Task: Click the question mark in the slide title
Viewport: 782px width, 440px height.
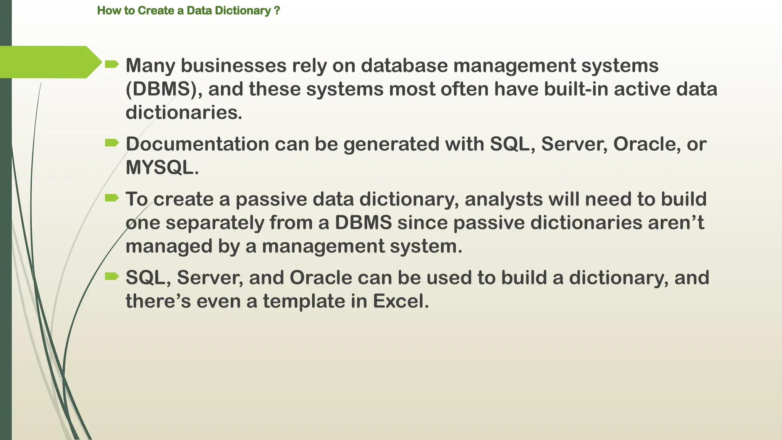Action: click(277, 11)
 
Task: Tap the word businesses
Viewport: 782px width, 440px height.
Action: click(233, 65)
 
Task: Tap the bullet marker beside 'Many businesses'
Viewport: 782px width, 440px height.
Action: click(111, 65)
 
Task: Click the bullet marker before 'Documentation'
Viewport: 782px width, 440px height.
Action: click(111, 143)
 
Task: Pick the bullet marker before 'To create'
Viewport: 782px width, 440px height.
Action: click(111, 198)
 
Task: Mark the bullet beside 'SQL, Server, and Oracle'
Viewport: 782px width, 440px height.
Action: click(111, 276)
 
